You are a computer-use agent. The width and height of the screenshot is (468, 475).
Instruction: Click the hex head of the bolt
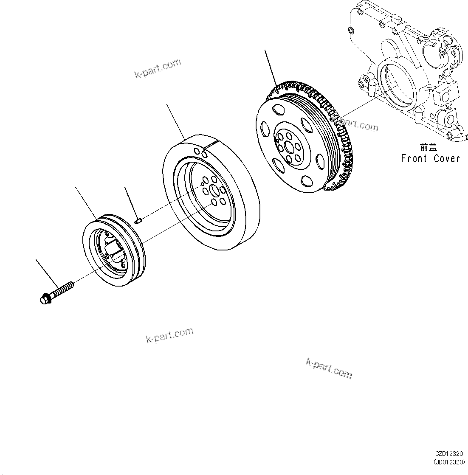(44, 299)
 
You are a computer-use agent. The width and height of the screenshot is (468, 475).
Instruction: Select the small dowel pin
(138, 220)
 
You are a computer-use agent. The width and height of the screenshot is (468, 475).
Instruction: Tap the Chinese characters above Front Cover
(428, 147)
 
